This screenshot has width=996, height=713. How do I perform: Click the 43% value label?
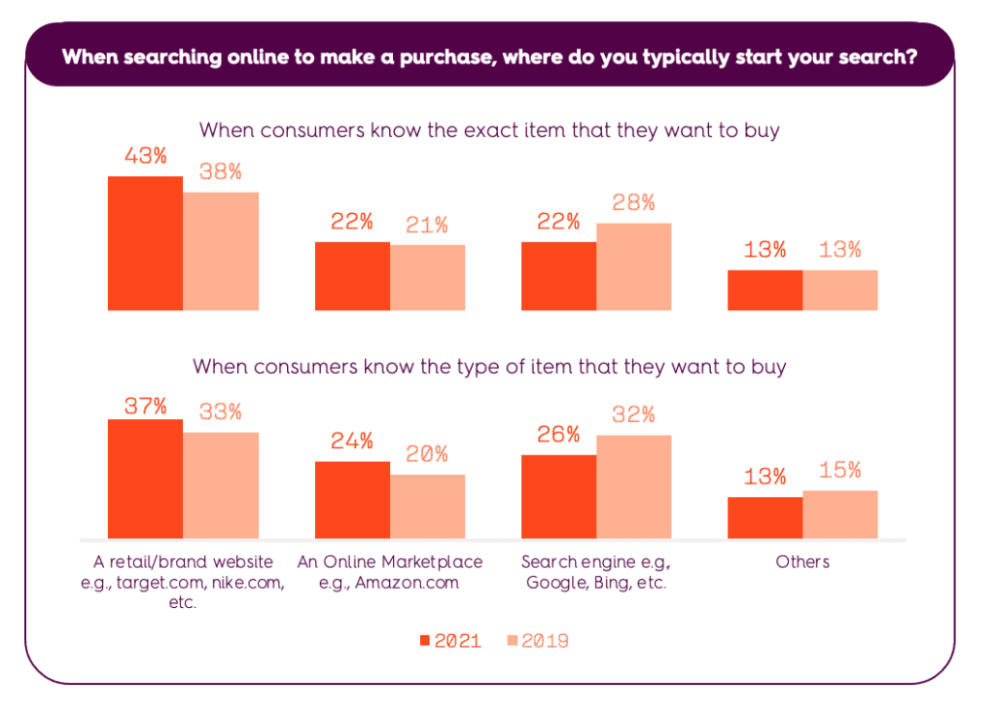pos(145,156)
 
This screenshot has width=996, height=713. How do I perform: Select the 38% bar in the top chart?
pos(221,251)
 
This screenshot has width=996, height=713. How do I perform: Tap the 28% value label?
pos(633,203)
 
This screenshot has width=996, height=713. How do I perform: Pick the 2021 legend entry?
pos(450,641)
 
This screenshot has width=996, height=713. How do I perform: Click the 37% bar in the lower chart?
pos(145,479)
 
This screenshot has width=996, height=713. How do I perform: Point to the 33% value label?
pos(221,411)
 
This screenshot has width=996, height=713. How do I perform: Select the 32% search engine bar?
pos(633,486)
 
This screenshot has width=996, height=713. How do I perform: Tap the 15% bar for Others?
pos(840,515)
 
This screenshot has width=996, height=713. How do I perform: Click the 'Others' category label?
pos(802,562)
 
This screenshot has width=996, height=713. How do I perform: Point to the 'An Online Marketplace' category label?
pos(389,562)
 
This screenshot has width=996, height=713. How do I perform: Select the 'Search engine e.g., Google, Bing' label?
pos(595,573)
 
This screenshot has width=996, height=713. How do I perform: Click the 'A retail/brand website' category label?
pos(183,562)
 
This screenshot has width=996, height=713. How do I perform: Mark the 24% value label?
pos(351,441)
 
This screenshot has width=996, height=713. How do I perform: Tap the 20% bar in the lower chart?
pos(427,506)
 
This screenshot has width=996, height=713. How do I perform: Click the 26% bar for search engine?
pos(558,496)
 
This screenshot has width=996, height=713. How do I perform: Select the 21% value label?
pos(427,225)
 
